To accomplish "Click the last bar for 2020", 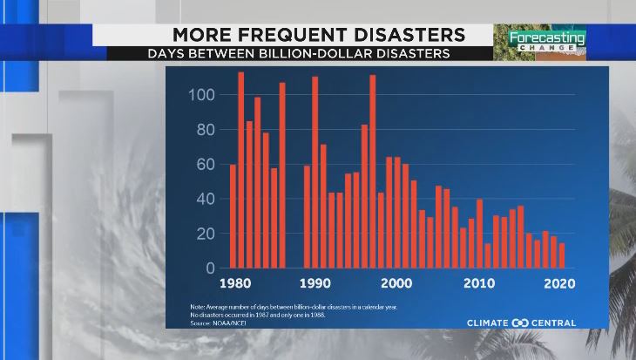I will click(562, 255).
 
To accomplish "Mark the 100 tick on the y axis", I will click(202, 94).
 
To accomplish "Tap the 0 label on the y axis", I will click(210, 268).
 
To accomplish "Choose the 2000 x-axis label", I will click(396, 283).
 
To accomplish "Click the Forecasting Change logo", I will click(538, 41).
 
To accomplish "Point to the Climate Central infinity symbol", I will click(519, 323).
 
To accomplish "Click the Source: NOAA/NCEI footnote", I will click(218, 322).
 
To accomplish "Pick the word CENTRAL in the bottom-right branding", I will click(554, 323).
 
